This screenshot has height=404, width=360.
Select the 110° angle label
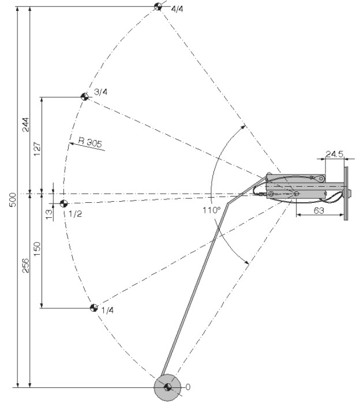pyautogui.click(x=211, y=210)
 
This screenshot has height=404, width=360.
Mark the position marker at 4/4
pyautogui.click(x=158, y=6)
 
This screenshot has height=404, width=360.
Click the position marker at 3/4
pyautogui.click(x=84, y=97)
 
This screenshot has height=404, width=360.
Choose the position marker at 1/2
pyautogui.click(x=63, y=203)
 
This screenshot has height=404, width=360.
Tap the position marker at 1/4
pyautogui.click(x=92, y=307)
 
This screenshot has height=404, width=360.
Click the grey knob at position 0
pyautogui.click(x=167, y=387)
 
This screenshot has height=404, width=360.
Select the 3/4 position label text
pyautogui.click(x=100, y=91)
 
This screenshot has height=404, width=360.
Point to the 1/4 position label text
pyautogui.click(x=107, y=311)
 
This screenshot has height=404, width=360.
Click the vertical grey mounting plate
pyautogui.click(x=346, y=193)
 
